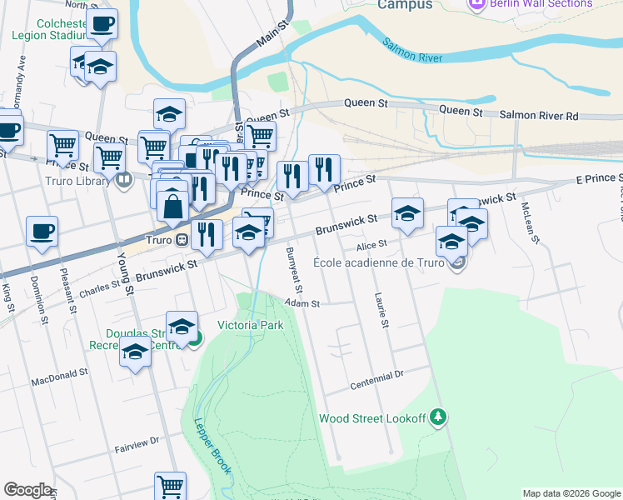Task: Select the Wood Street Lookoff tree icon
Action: (438, 418)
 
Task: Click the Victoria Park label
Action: (250, 325)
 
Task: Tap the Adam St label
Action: (302, 304)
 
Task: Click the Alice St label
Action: (371, 244)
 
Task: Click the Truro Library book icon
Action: (123, 178)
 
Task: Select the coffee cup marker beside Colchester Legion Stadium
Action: (102, 24)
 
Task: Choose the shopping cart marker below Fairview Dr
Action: (170, 486)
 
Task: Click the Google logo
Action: (27, 490)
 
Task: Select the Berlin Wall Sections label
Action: (541, 4)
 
